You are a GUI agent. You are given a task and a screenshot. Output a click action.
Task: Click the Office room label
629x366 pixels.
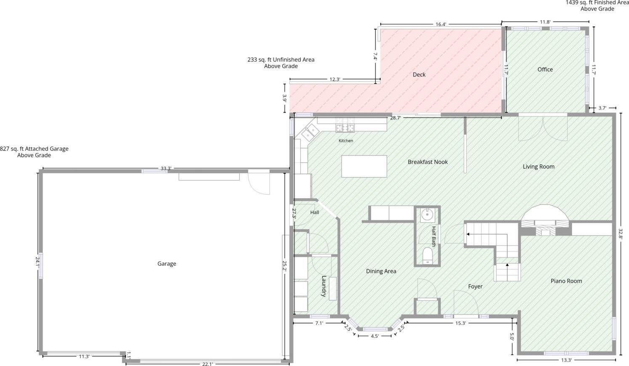[x=545, y=69]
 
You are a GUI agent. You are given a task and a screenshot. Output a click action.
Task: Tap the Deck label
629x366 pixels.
[x=419, y=74]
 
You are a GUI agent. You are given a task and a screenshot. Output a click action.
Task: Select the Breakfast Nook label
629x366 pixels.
[x=427, y=162]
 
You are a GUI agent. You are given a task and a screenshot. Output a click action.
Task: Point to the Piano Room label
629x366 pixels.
[x=566, y=281]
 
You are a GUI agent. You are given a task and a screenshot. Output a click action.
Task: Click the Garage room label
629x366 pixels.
[x=167, y=263]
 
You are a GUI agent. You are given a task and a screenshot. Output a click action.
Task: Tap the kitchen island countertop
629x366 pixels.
[x=364, y=167]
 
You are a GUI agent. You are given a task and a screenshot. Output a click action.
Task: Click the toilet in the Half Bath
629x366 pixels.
[x=427, y=256]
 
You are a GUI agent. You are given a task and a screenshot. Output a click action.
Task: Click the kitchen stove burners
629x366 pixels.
[x=345, y=128]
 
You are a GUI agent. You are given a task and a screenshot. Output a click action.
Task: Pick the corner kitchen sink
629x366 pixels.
[x=311, y=133]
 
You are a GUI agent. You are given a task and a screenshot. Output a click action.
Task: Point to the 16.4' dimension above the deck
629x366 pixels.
[x=441, y=24]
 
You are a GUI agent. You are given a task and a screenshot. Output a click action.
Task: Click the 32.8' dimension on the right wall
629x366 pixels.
[x=620, y=234]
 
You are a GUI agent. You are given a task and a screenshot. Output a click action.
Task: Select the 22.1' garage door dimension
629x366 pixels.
[x=207, y=364]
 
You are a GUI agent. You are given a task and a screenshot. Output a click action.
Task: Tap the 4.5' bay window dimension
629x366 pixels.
[x=374, y=336]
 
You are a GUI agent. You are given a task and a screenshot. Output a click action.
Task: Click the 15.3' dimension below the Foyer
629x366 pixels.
[x=461, y=323]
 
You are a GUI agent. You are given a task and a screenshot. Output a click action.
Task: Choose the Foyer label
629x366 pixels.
[x=475, y=286]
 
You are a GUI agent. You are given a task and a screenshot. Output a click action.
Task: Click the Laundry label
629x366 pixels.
[x=324, y=286]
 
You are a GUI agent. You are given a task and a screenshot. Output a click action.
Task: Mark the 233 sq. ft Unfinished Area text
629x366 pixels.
[x=281, y=63]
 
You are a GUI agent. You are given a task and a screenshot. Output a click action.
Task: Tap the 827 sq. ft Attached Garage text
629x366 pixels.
[x=34, y=152]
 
